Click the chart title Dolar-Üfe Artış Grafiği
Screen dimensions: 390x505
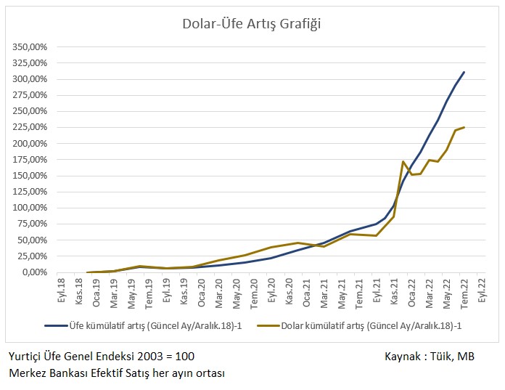click(251, 24)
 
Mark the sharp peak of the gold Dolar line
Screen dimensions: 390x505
click(403, 161)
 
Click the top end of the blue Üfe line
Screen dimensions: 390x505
click(464, 72)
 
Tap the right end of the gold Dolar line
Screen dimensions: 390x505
click(464, 127)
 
